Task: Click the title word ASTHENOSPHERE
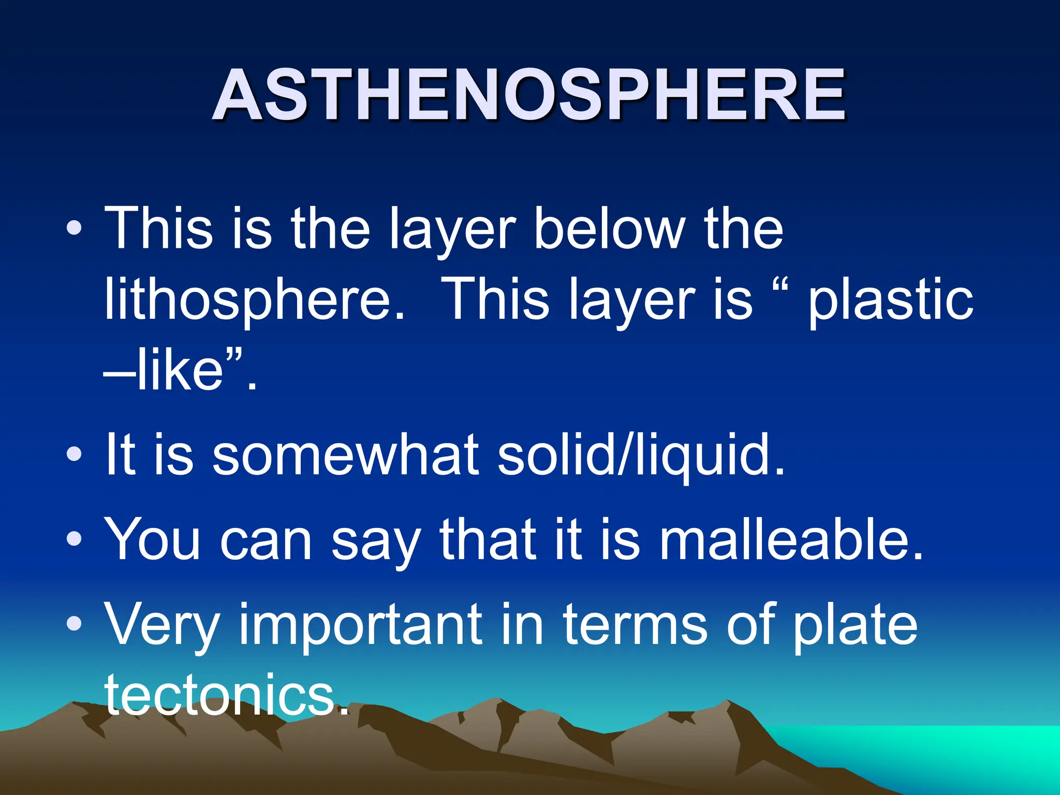click(529, 96)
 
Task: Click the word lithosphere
click(254, 300)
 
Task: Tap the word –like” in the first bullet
click(179, 370)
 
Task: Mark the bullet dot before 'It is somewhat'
click(74, 454)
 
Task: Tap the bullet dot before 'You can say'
click(74, 539)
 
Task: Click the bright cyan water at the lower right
click(958, 750)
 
